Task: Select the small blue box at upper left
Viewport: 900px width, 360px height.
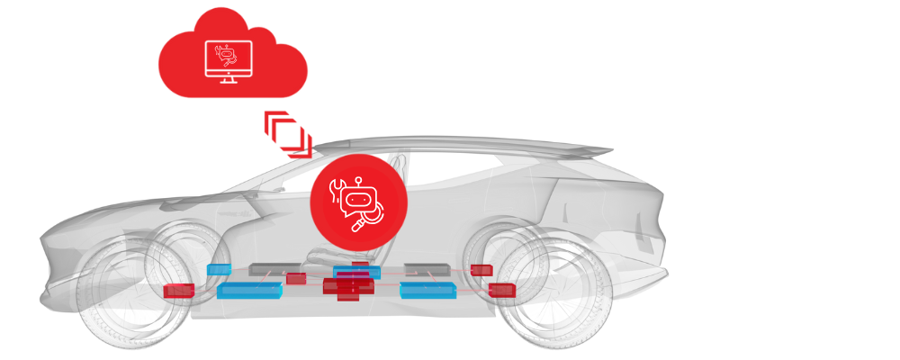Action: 219,269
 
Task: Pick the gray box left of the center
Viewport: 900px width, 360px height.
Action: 274,268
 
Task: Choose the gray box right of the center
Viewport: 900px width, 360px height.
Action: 428,268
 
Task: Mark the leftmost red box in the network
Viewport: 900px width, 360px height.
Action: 178,291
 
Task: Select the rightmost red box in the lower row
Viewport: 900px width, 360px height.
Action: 501,290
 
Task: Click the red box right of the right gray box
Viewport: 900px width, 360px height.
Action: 481,269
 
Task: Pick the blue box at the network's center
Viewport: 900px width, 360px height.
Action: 355,271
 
